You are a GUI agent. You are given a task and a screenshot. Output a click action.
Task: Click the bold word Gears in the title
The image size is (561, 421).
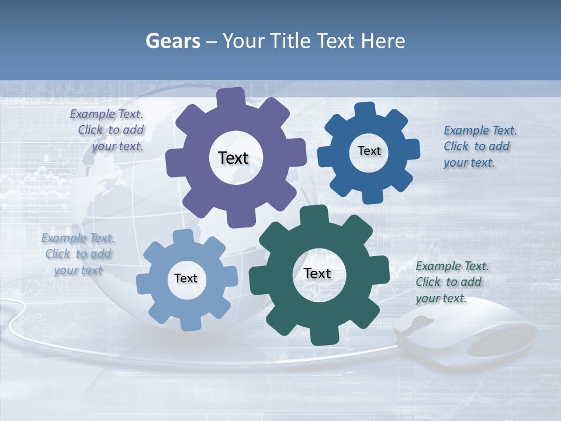(173, 41)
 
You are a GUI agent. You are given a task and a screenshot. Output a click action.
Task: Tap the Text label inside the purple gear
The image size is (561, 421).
(234, 158)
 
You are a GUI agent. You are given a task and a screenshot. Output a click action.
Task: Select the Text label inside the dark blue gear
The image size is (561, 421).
(369, 151)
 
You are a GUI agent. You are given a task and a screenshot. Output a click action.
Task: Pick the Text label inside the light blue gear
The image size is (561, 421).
(186, 279)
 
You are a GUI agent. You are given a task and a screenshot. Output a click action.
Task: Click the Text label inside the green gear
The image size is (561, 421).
(317, 274)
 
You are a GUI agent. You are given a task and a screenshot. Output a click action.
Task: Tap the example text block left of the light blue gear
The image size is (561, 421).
(78, 254)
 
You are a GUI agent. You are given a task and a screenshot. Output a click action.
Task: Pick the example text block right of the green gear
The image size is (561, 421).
(450, 282)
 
